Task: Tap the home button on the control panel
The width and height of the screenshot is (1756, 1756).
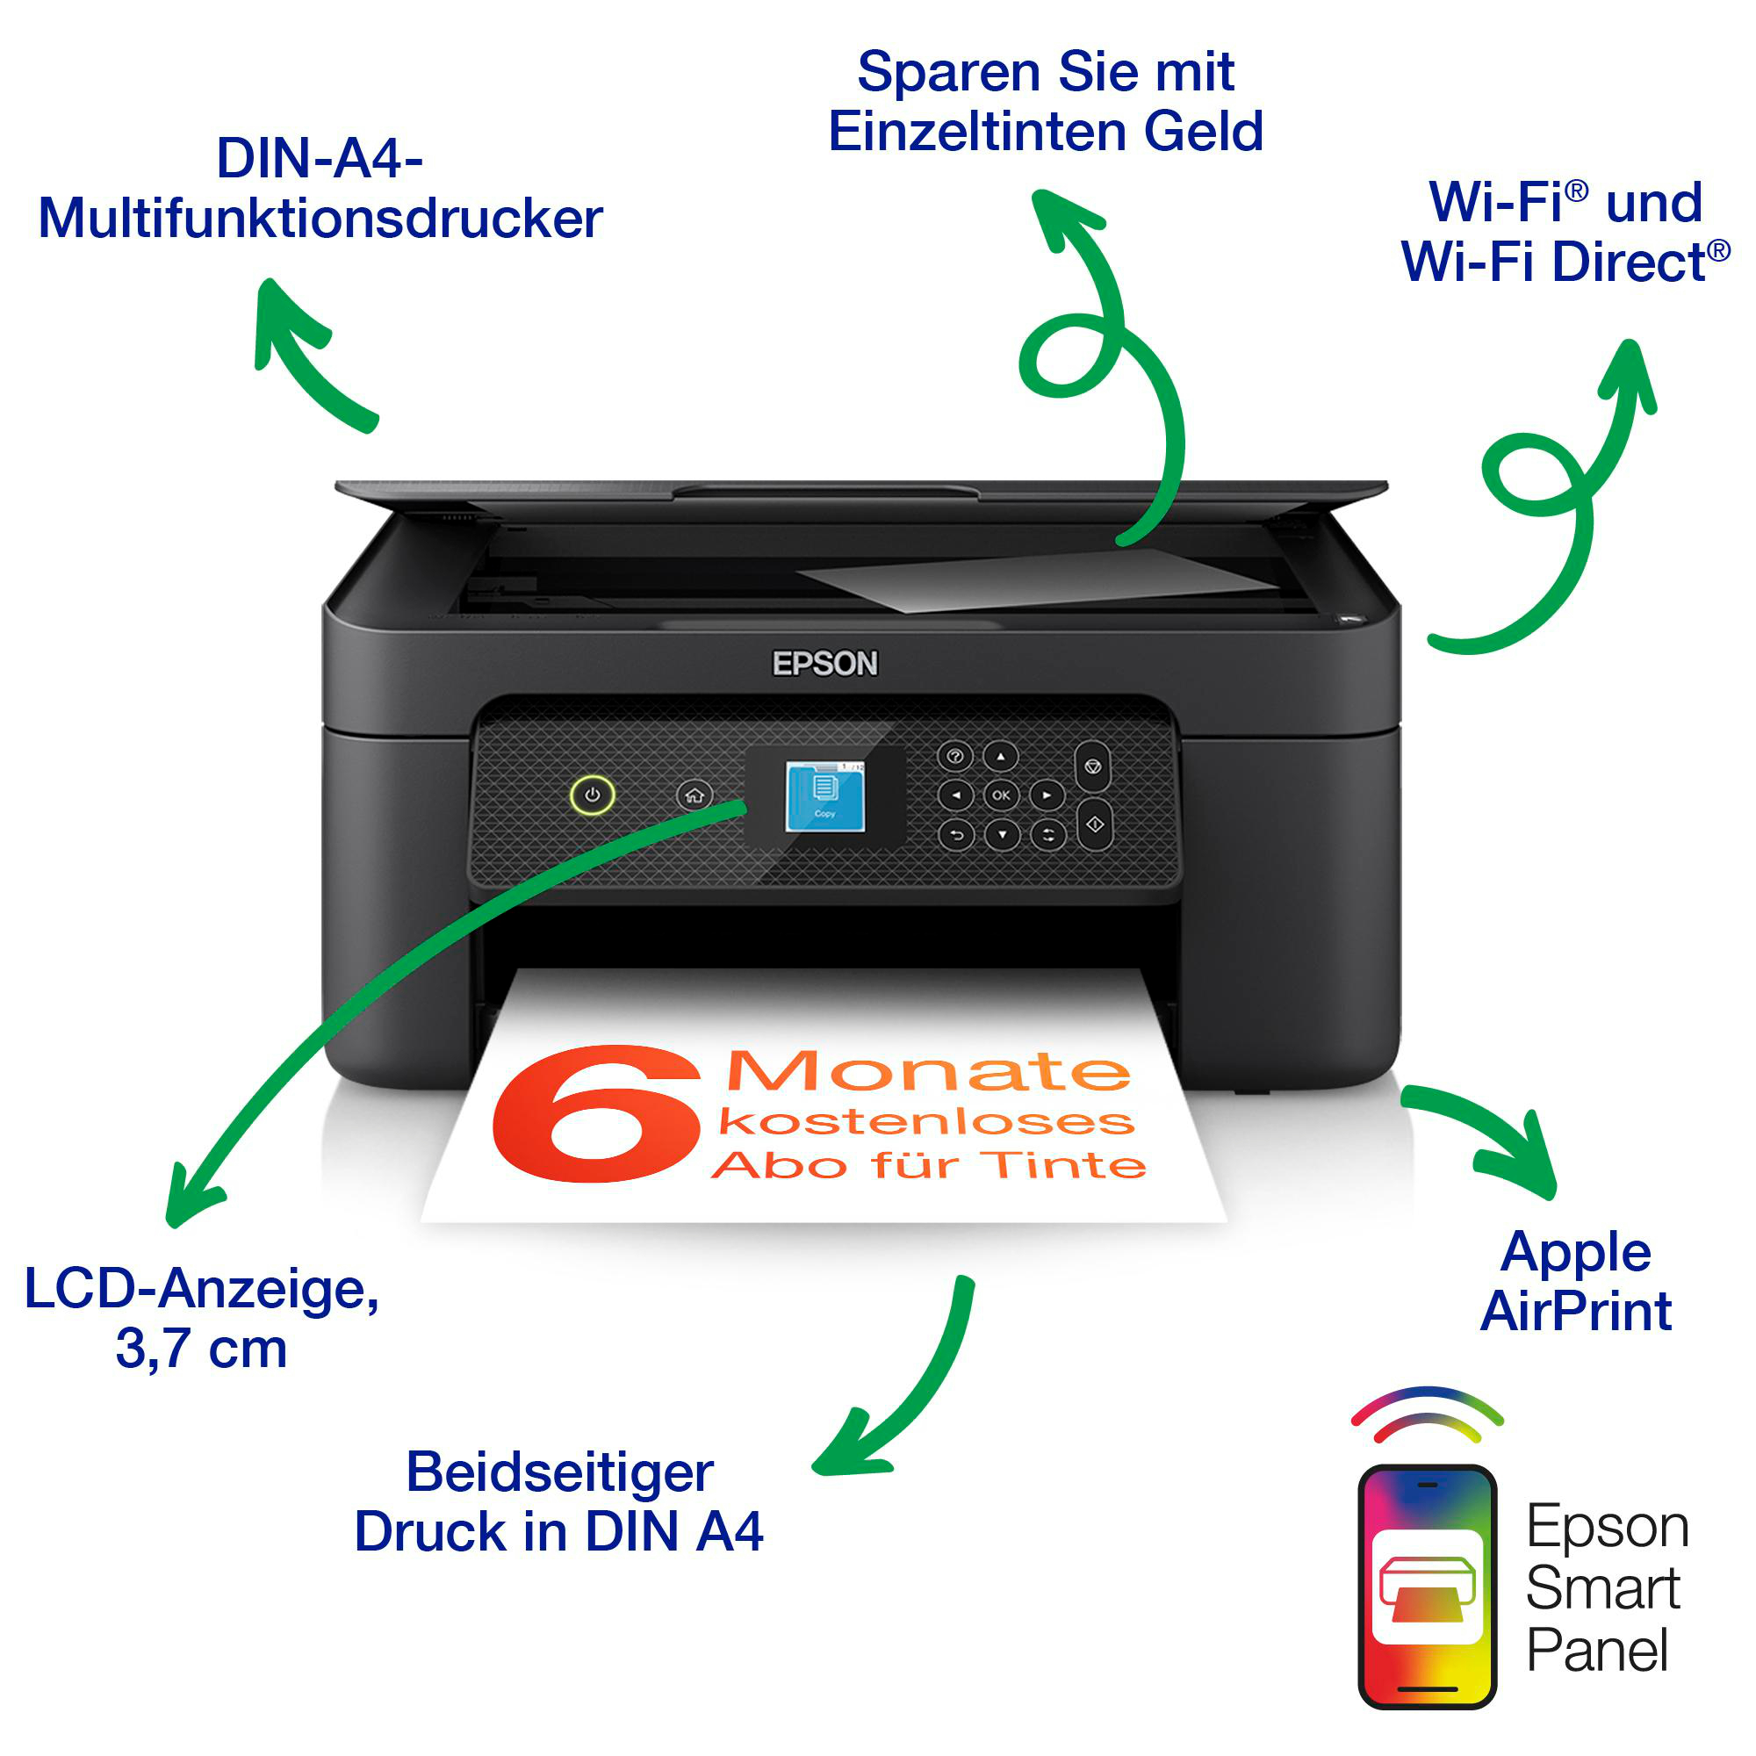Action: coord(694,796)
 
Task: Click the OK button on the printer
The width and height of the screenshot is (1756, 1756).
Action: coord(1001,795)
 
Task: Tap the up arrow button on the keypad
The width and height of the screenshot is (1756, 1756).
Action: coord(1001,756)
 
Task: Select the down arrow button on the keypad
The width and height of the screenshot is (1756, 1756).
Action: coord(1002,834)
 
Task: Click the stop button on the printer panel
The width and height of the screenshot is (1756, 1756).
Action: coord(1092,767)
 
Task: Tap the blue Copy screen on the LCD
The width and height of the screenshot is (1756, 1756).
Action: coord(824,797)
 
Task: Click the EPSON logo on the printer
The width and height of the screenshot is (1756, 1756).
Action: coord(824,665)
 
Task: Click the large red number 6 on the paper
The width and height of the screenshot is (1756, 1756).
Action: coord(596,1114)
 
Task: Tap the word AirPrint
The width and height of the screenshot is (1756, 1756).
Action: coord(1576,1312)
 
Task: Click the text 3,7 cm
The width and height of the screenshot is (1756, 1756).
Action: coord(201,1349)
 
